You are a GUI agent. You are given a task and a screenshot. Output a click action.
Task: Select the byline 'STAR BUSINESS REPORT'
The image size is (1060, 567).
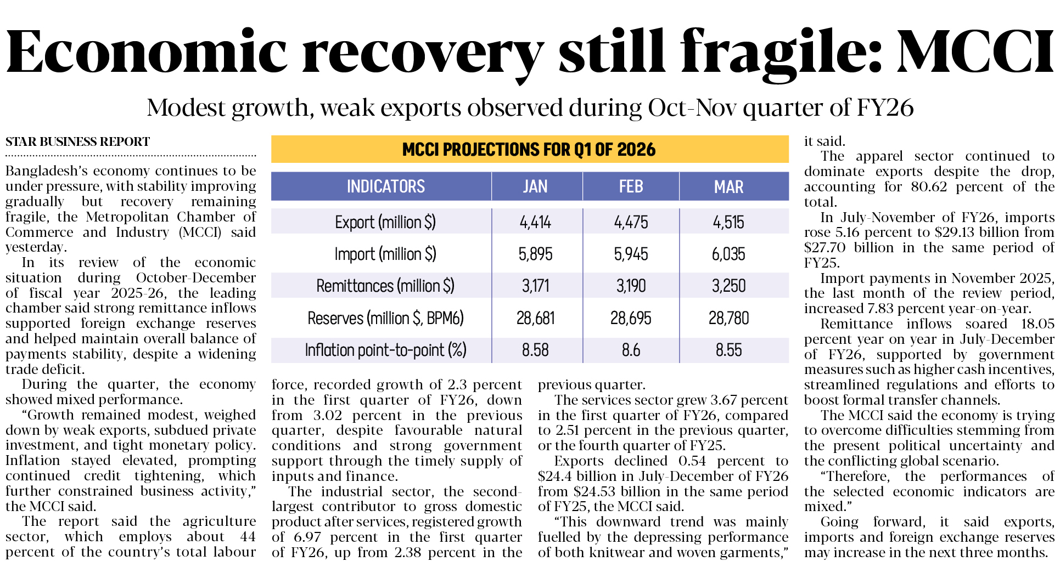pos(77,142)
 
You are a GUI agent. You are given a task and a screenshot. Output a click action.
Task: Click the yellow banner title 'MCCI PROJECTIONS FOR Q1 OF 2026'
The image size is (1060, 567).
pos(529,149)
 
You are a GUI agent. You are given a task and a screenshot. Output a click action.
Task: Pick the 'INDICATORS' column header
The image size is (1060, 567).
pos(385,186)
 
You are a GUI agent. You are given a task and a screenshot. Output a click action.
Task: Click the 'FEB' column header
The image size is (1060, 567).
pos(631,186)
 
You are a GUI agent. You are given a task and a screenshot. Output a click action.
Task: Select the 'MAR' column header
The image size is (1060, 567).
pos(728,186)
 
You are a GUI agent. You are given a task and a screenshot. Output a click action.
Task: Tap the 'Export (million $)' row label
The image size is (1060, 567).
pos(385,222)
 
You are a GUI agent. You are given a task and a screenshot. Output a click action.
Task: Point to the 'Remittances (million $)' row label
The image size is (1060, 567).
pos(385,286)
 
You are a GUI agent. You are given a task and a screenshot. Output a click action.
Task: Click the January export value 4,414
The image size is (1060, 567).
pos(535,222)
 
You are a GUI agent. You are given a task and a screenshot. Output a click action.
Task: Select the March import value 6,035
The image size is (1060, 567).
pos(728,254)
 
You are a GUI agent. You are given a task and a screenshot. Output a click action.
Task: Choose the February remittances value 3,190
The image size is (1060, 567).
pos(631,286)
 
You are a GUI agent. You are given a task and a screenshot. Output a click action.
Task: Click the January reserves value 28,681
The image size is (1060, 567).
pos(535,318)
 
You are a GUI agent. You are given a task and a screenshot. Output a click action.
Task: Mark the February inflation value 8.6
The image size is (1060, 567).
pos(631,350)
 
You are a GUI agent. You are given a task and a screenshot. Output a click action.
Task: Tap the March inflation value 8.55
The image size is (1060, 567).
pos(728,350)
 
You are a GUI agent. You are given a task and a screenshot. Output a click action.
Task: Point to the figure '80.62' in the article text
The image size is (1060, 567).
pos(929,187)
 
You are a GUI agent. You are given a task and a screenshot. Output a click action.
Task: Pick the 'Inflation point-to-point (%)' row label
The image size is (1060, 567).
pos(385,350)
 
